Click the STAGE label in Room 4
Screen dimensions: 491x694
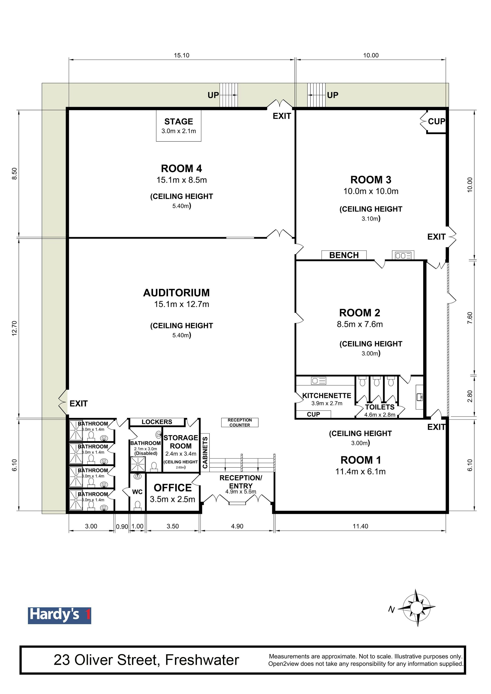coord(178,122)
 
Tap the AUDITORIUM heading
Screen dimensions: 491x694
coord(176,293)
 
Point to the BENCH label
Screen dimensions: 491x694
coord(344,255)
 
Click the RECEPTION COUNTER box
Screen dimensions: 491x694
coord(240,422)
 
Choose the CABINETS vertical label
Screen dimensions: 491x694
coord(205,453)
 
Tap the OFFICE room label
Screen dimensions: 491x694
coord(173,488)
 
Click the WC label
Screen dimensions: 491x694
coord(137,492)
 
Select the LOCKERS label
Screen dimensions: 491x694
coord(157,422)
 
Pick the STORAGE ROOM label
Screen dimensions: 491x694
coord(181,442)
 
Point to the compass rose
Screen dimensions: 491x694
coord(417,607)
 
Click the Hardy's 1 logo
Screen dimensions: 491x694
coord(60,616)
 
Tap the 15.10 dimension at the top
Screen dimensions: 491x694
coord(182,55)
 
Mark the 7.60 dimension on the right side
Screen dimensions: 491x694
coord(470,318)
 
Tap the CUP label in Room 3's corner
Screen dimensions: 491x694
coord(436,122)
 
